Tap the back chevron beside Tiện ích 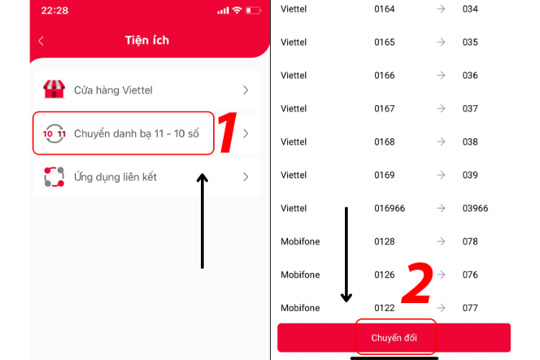41,41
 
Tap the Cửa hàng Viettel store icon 54,90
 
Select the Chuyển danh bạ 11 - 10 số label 136,133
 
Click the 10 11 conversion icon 54,133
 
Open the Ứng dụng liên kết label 115,176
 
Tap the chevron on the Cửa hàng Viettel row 246,90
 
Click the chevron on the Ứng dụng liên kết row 246,176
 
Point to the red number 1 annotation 227,133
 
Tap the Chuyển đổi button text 394,338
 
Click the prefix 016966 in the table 390,208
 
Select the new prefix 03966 475,208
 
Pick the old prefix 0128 384,241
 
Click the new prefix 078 470,241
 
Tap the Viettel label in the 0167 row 294,109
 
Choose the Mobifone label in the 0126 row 300,274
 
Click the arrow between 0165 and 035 441,42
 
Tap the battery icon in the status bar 253,11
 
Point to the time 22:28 54,11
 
